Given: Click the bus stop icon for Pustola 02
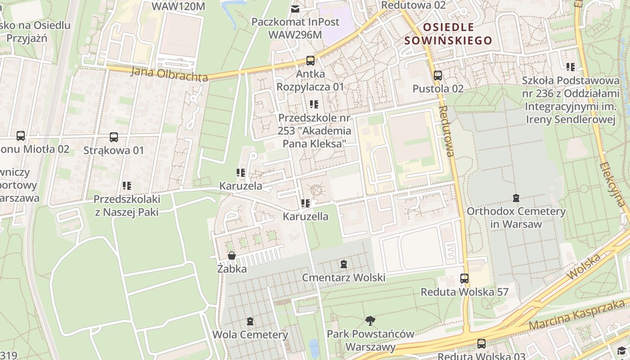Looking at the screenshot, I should coord(438,76).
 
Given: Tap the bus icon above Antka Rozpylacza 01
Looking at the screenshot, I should coord(310,60).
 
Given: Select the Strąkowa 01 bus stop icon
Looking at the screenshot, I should coord(114,137).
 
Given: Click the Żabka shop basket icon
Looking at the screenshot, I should coord(232,256).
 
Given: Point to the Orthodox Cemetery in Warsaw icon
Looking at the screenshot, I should coord(516,198).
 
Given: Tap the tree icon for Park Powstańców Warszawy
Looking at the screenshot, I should coord(370,321).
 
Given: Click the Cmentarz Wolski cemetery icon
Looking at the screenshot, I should coord(344,264).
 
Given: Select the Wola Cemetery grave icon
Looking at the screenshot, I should coord(250,321).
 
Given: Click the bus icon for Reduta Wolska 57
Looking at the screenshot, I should coord(464,279).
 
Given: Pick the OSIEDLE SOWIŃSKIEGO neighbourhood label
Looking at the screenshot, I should coord(448,34).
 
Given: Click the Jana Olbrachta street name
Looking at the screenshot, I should coord(170,74).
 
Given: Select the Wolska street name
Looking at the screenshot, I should coord(585,266).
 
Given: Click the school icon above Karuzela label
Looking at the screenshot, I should coord(240,172).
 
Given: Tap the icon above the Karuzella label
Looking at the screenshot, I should coord(306,203).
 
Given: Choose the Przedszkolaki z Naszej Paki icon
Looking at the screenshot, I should coord(127,185).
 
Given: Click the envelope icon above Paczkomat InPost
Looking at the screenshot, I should coord(295,9).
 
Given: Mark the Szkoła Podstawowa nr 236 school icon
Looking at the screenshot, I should coord(570,67).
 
